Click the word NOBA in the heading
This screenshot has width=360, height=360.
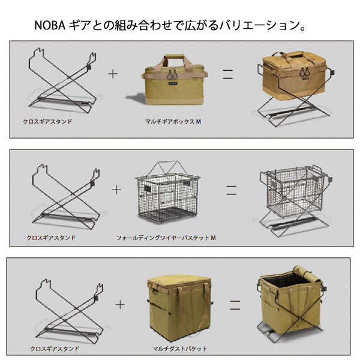pos(50,25)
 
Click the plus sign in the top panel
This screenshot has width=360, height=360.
pos(113,74)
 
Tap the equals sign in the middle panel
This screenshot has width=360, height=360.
pos(231,190)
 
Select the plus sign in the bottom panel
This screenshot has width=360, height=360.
pos(120,305)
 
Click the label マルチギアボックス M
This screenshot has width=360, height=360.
pos(173,121)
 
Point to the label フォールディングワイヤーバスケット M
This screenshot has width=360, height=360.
pos(166,238)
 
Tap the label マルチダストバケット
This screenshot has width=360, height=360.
pos(180,349)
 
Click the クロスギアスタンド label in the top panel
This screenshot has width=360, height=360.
pos(47,121)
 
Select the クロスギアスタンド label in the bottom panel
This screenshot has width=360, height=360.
pos(55,349)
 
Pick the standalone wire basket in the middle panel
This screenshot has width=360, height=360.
pos(167,193)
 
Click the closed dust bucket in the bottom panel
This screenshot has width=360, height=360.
pos(180,308)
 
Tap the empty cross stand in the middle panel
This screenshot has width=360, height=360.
pos(66,197)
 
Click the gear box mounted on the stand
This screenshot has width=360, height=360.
pos(295,73)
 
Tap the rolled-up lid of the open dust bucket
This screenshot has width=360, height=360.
pos(307,274)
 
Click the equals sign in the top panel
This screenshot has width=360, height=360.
pos(228,74)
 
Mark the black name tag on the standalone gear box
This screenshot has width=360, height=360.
pos(173,83)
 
